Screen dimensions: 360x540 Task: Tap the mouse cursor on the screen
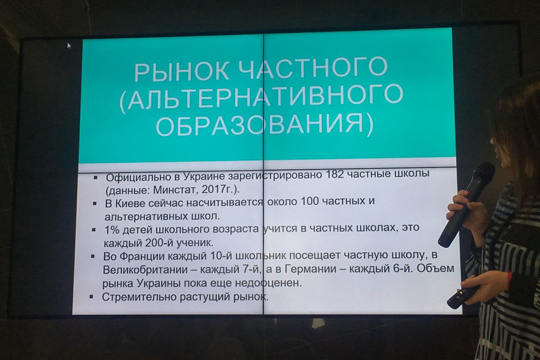point(69,45)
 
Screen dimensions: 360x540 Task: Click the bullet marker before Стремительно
point(92,297)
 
